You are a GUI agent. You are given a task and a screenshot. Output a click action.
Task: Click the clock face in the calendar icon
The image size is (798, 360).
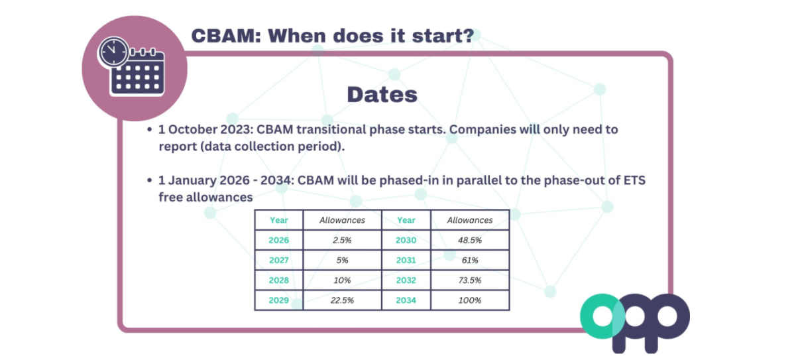113,52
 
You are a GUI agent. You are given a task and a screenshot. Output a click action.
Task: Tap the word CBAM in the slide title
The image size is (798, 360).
226,36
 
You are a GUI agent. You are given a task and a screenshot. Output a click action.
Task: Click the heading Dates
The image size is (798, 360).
382,94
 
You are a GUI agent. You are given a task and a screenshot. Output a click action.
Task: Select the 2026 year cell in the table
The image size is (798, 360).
278,240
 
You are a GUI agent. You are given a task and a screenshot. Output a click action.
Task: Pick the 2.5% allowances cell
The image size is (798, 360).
342,240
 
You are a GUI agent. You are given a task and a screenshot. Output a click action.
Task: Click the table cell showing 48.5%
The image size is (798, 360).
470,240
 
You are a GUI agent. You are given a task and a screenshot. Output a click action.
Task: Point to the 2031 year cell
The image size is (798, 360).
406,260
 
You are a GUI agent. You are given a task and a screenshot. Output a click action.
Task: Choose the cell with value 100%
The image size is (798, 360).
470,300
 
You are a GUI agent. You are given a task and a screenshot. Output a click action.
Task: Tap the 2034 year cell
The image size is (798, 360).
406,300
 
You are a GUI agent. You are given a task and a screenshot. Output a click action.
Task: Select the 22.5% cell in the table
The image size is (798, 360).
342,300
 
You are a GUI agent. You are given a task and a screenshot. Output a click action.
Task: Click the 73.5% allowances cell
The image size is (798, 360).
470,280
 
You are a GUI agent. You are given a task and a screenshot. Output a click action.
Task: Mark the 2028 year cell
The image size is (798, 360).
278,280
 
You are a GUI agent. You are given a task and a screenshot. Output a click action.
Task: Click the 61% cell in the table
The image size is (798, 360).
470,260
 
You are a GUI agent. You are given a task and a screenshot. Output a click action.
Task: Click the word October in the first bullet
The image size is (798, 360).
192,129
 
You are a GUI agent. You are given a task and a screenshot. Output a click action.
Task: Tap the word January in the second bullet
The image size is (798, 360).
192,180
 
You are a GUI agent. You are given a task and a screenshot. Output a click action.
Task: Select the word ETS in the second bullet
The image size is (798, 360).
634,180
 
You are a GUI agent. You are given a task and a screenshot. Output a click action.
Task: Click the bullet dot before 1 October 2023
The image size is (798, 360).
149,129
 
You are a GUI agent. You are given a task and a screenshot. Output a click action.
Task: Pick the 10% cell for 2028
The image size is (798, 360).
342,280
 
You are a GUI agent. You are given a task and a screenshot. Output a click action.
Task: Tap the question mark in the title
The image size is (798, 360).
468,36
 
